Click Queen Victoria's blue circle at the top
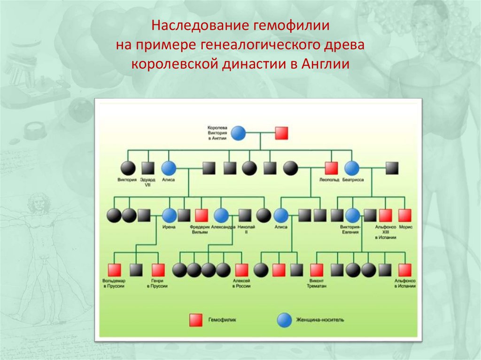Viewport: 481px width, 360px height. pos(239,133)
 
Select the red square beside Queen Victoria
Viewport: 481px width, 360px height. pos(281,133)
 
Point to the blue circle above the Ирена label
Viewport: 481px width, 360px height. pos(169,215)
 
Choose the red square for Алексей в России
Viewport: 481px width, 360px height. pos(241,270)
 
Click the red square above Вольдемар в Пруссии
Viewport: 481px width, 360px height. pos(114,270)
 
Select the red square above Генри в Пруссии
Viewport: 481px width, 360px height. pos(158,270)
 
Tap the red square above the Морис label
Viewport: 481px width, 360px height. pos(405,215)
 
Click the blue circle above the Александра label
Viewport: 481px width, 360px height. pos(221,215)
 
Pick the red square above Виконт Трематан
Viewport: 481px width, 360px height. pos(317,270)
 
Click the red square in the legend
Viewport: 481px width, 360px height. pos(195,320)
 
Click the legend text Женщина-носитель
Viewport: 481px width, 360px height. pos(320,320)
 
